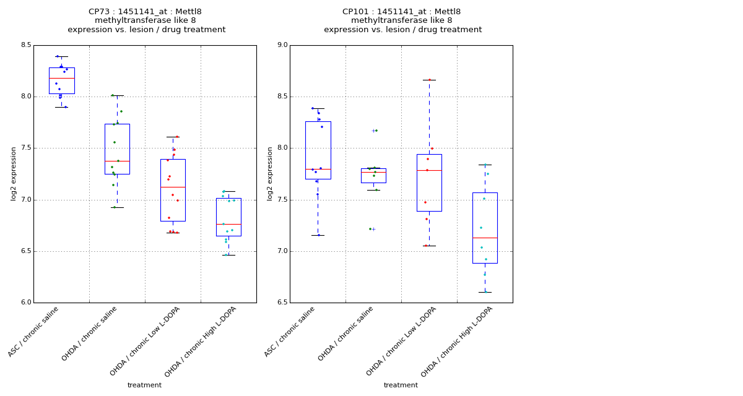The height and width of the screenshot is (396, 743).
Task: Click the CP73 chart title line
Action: point(145,12)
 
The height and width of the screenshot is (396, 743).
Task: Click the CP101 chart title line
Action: point(401,12)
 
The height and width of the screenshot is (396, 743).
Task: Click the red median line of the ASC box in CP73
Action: point(61,78)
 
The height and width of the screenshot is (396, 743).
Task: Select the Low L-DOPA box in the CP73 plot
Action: point(173,190)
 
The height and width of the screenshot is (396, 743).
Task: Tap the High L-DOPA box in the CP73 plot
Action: point(228,217)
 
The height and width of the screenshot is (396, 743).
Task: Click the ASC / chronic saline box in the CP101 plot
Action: point(318,150)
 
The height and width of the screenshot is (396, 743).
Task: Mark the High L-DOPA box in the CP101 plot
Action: point(485,228)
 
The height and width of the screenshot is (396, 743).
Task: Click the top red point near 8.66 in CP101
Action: point(429,80)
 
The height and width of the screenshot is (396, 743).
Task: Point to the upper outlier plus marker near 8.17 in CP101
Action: point(373,131)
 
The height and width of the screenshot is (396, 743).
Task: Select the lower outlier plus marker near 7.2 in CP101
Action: point(373,229)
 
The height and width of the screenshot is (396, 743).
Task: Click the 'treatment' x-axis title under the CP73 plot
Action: point(144,385)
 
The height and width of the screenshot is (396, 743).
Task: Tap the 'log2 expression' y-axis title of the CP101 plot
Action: point(270,173)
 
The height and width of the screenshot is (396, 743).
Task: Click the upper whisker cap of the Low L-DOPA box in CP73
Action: point(173,137)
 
